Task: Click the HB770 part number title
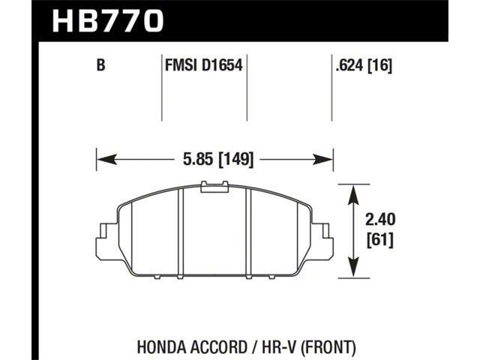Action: pos(108,20)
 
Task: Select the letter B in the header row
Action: pos(100,65)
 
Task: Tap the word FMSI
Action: pos(181,65)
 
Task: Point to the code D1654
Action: pos(222,65)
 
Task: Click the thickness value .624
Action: pos(349,65)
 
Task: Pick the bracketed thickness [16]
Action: pos(379,65)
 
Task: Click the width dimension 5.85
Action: pos(198,159)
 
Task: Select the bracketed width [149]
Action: pos(235,159)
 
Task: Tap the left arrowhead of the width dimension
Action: pos(106,159)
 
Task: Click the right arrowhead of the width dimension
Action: pos(322,159)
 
